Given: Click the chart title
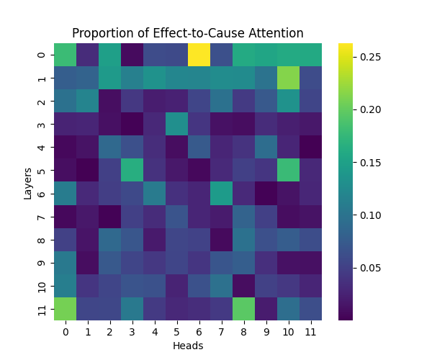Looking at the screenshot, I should click(187, 33).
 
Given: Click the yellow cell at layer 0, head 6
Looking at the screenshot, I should click(199, 55).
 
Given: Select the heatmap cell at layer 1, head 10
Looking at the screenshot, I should click(288, 78).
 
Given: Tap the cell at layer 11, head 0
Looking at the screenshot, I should click(65, 308).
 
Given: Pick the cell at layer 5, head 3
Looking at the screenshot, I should click(132, 170).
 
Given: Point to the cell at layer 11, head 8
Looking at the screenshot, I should click(243, 308).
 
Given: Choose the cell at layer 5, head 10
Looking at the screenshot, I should click(288, 170).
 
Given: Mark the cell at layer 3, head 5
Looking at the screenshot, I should click(176, 124).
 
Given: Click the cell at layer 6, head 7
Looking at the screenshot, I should click(221, 193).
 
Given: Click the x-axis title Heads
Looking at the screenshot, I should click(187, 346).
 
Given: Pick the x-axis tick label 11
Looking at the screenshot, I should click(310, 332).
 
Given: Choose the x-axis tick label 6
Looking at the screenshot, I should click(199, 332).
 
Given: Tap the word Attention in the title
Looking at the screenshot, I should click(276, 33).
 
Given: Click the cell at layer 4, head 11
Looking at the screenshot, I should click(310, 147).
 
